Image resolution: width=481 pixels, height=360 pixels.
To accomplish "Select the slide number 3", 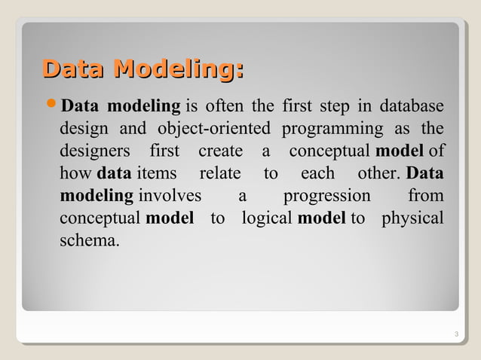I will [x=457, y=334].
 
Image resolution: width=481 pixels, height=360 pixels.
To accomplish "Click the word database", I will [x=412, y=104].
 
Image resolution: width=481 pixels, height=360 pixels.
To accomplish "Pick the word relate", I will [x=219, y=173].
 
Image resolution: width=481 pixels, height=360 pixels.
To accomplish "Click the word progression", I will [x=326, y=196].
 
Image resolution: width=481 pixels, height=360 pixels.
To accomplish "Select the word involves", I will [x=170, y=196].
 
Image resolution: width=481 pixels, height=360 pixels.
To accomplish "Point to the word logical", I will [x=268, y=219].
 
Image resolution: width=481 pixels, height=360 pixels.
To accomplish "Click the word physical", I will [x=412, y=219].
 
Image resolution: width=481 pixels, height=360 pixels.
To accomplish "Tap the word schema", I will [x=88, y=243].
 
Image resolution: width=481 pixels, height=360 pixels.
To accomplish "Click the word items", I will [x=157, y=173].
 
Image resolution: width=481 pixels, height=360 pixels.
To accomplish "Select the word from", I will [x=425, y=196].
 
